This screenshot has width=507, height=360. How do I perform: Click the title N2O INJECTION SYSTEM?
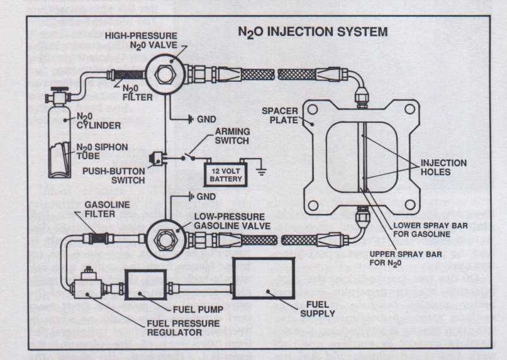[312, 31]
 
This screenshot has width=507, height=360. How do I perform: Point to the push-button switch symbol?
[158, 159]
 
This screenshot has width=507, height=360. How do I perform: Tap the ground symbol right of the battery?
[258, 169]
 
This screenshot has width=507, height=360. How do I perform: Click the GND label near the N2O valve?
[206, 118]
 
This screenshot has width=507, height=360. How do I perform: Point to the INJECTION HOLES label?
[443, 167]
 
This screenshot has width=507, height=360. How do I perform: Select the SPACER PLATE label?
[279, 115]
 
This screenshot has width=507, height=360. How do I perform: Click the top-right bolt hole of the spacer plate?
[409, 109]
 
